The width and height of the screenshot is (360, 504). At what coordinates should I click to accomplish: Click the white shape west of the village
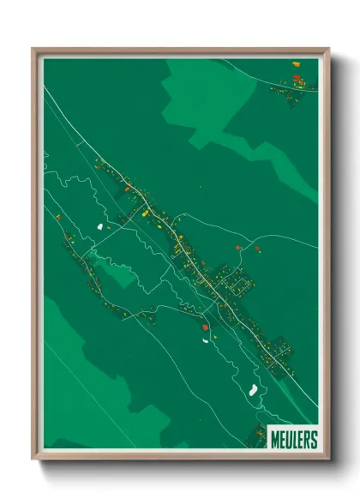pos(100,226)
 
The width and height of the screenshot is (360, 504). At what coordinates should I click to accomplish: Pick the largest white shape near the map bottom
pos(253,391)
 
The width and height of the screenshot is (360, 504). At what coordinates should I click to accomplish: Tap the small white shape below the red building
pos(206,340)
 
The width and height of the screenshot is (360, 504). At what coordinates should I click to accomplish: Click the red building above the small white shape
pos(204,327)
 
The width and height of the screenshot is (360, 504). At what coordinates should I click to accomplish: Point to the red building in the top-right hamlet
pos(297,78)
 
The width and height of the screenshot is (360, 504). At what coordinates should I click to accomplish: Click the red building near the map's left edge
pos(58,217)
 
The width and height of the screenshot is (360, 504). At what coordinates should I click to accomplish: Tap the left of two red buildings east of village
pos(237,248)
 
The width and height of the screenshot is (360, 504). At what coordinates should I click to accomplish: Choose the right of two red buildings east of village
pos(256,249)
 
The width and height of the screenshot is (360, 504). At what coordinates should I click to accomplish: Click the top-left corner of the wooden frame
pos(33,50)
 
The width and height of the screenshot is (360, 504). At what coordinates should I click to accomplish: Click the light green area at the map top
pos(206,94)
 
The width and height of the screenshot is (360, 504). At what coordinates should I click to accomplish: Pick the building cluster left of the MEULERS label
pos(256,435)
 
